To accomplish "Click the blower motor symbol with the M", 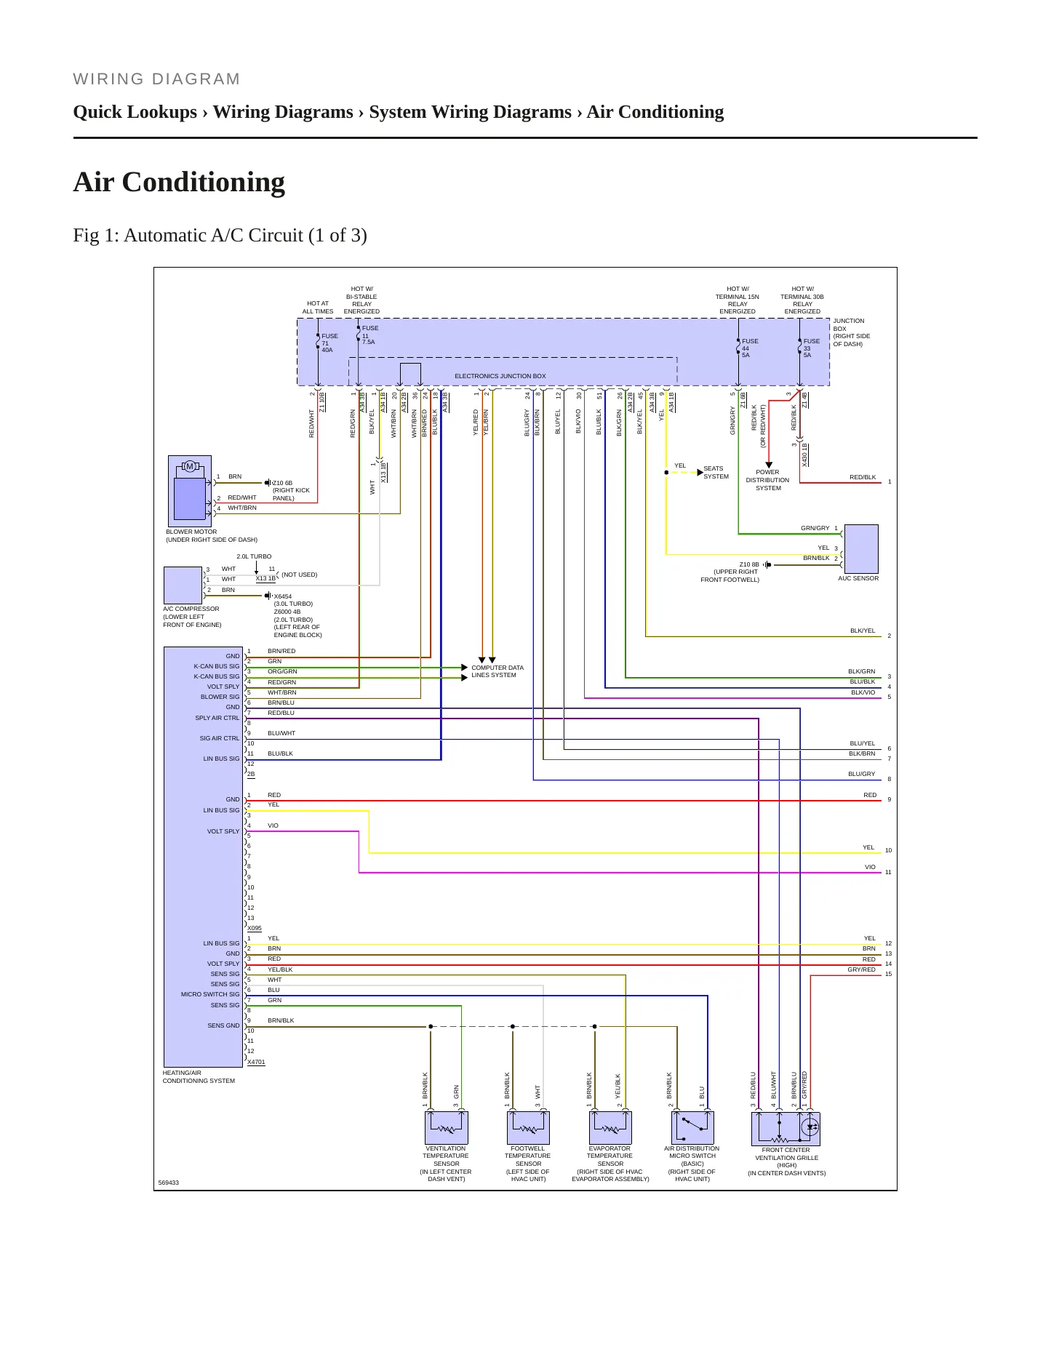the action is pyautogui.click(x=190, y=491).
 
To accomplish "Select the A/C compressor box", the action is pyautogui.click(x=183, y=585).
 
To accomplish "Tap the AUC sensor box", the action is pyautogui.click(x=861, y=549).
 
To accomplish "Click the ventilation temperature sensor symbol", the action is pyautogui.click(x=446, y=1128).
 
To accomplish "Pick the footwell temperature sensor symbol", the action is pyautogui.click(x=528, y=1128).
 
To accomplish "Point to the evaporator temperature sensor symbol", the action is pyautogui.click(x=610, y=1128).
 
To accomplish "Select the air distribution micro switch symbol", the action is pyautogui.click(x=692, y=1128).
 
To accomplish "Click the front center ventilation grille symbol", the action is pyautogui.click(x=786, y=1129).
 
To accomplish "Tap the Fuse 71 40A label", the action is pyautogui.click(x=329, y=343).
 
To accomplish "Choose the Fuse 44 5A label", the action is pyautogui.click(x=750, y=348).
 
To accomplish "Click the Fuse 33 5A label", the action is pyautogui.click(x=811, y=348).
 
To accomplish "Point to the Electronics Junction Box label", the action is pyautogui.click(x=500, y=376).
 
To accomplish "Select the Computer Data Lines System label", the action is pyautogui.click(x=497, y=671).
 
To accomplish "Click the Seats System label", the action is pyautogui.click(x=716, y=473).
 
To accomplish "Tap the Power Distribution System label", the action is pyautogui.click(x=767, y=480).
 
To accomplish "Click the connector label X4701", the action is pyautogui.click(x=256, y=1062).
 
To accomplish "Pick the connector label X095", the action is pyautogui.click(x=255, y=928).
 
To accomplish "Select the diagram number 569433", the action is pyautogui.click(x=169, y=1183).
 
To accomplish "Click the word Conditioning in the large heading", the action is pyautogui.click(x=204, y=183).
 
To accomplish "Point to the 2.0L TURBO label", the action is pyautogui.click(x=254, y=556).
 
